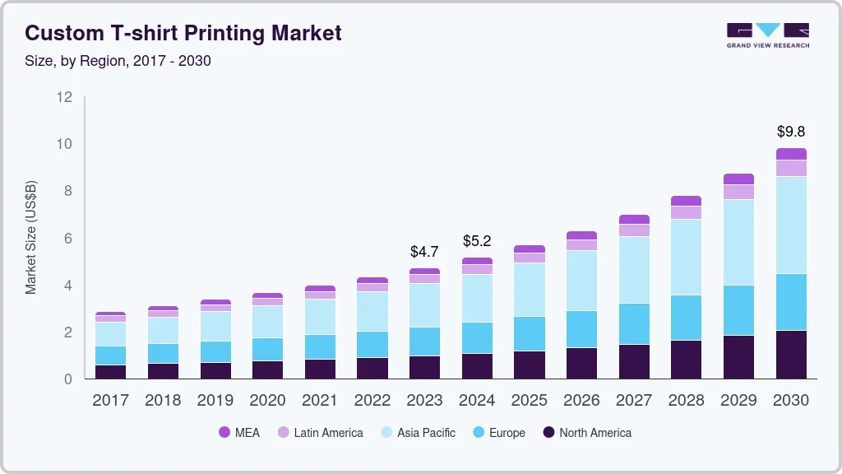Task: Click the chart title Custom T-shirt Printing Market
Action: click(x=183, y=34)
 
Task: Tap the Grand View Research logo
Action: click(x=767, y=35)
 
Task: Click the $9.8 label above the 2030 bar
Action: click(x=791, y=132)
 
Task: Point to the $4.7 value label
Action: click(x=424, y=252)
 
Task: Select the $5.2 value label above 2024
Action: click(x=477, y=241)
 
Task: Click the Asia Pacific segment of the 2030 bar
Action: click(x=791, y=225)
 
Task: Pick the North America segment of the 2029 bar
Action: click(x=738, y=356)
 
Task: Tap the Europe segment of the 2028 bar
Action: click(x=686, y=318)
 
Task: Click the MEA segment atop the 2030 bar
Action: click(x=791, y=154)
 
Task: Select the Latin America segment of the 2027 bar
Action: click(x=634, y=230)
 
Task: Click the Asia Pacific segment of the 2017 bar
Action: click(x=110, y=334)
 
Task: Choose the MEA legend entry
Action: click(x=238, y=433)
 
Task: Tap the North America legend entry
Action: click(x=586, y=433)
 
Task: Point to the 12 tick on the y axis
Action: click(x=65, y=97)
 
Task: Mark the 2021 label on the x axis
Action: click(x=320, y=401)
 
